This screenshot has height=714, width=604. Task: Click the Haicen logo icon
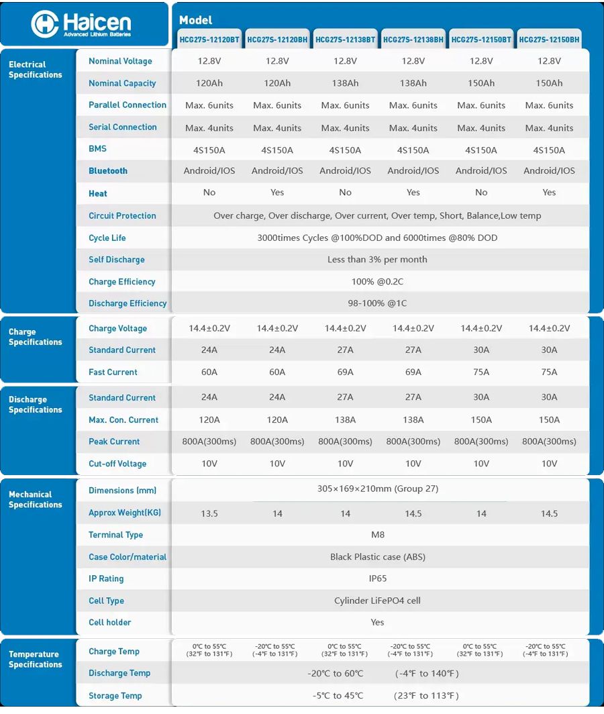(45, 24)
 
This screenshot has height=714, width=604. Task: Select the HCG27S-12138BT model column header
(345, 40)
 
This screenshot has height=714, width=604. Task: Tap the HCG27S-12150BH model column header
(549, 40)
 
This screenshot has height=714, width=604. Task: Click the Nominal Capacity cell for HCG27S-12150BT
(481, 83)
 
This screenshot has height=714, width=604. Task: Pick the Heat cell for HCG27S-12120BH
(277, 193)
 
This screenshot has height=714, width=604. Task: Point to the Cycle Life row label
(107, 238)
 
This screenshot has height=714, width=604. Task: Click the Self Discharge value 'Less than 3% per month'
(377, 260)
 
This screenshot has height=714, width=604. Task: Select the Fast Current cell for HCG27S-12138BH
(413, 372)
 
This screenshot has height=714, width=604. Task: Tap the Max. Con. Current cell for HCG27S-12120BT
(209, 419)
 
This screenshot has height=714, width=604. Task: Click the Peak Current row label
(114, 442)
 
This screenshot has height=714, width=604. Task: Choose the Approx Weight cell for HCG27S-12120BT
(209, 513)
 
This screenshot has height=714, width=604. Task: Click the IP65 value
(378, 578)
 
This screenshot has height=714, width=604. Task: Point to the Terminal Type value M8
(378, 535)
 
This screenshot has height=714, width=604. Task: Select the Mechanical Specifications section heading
(35, 499)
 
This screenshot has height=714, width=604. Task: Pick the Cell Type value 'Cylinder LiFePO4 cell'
(377, 601)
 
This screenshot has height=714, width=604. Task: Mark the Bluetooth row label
(108, 171)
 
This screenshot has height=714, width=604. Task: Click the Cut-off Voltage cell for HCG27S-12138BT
(345, 464)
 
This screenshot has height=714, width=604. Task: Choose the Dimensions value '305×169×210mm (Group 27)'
(378, 489)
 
